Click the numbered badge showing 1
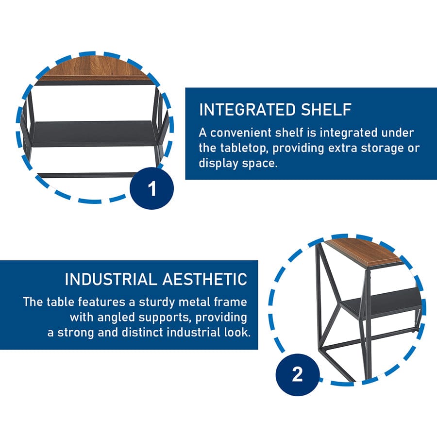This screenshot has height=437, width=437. pos(151,188)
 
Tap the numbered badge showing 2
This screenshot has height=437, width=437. pos(297,374)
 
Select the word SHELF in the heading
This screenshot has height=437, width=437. pos(326,110)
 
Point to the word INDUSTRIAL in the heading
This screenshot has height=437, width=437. pos(111,279)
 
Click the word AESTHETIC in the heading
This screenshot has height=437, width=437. pos(205,279)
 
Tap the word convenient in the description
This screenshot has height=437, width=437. pos(241,133)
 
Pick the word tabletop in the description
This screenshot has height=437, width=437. pos(244,148)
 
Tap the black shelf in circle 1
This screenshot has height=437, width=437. pos(93,133)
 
